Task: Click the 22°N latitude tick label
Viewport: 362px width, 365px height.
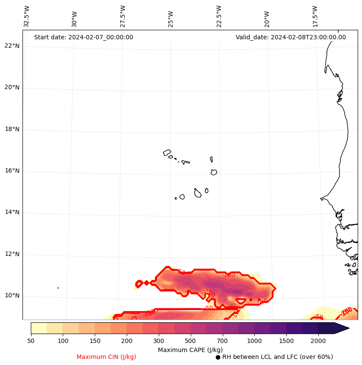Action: click(x=12, y=46)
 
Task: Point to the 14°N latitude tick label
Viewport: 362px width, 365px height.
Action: click(x=12, y=212)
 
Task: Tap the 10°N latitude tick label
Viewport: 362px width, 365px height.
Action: click(x=12, y=295)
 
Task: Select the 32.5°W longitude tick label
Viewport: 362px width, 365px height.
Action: click(x=27, y=16)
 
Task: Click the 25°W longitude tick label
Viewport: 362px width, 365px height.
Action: click(x=171, y=19)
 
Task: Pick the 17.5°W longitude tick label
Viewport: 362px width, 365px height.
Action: click(x=315, y=16)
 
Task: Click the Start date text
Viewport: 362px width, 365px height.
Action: click(x=83, y=37)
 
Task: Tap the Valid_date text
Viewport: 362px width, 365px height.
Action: click(x=291, y=37)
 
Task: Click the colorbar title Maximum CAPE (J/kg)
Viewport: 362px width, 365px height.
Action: click(x=190, y=349)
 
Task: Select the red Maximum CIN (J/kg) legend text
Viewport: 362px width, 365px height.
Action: click(x=106, y=357)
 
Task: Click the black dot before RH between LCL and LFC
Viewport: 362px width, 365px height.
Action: click(x=218, y=357)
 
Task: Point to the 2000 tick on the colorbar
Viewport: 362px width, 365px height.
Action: click(x=318, y=341)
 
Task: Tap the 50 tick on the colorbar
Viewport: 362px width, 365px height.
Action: click(x=31, y=341)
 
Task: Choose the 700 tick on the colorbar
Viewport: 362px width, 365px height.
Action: click(x=222, y=341)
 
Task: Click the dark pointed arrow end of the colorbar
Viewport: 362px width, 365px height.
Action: click(x=342, y=328)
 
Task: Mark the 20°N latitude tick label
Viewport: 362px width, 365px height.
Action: click(x=12, y=87)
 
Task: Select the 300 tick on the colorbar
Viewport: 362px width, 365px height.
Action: click(x=158, y=341)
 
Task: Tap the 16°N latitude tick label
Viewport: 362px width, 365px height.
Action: click(x=12, y=171)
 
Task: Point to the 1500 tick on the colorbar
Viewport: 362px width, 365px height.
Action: click(x=286, y=341)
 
